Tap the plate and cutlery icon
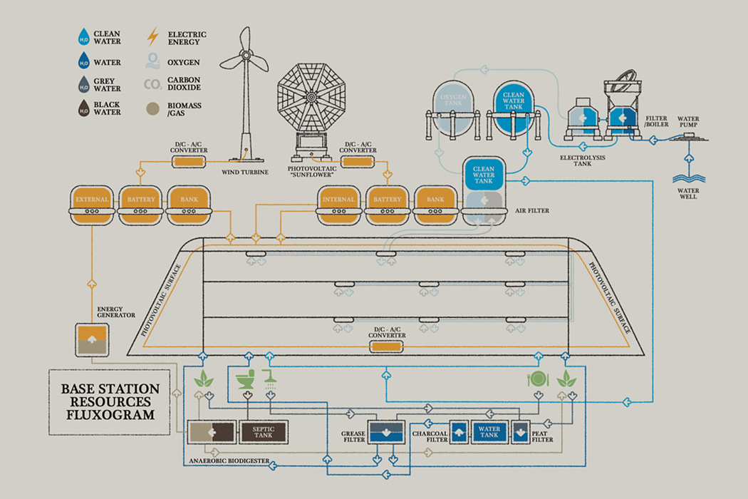point(536,379)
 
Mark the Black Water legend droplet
point(84,108)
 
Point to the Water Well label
point(688,193)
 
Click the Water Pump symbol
point(688,137)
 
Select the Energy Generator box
point(91,339)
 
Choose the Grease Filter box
point(385,431)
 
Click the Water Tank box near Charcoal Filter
point(489,431)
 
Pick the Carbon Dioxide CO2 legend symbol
point(152,85)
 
